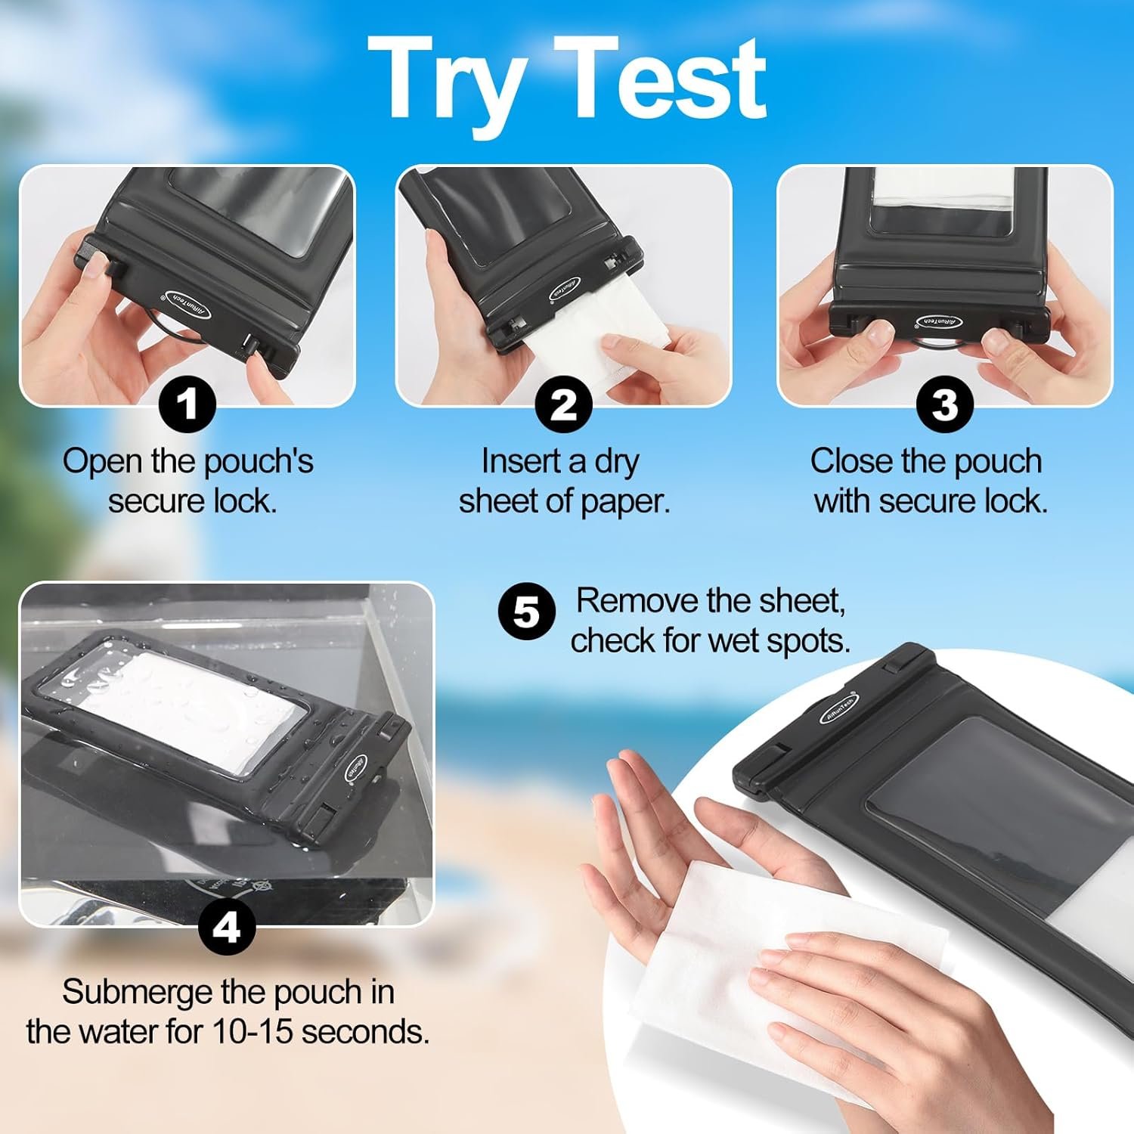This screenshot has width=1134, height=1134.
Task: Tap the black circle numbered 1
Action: point(187,404)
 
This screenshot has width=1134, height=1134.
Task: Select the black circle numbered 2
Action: point(563,404)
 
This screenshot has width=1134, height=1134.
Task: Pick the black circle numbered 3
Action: point(944,404)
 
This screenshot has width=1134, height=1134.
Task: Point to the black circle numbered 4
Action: point(227,926)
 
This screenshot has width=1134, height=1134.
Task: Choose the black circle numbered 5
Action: point(527,611)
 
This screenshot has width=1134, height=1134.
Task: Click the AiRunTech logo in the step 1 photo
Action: point(188,305)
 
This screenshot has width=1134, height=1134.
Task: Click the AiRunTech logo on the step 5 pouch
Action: point(839,707)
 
